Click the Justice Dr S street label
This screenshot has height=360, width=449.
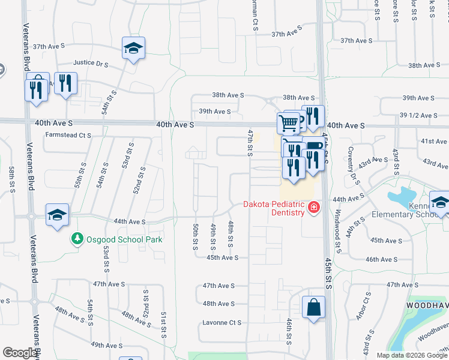pyautogui.click(x=91, y=63)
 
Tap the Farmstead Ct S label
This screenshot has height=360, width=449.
pyautogui.click(x=68, y=136)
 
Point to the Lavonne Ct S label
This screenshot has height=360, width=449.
pyautogui.click(x=221, y=322)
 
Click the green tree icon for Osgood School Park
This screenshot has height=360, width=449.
pyautogui.click(x=77, y=239)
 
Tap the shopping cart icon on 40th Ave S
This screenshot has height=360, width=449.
pyautogui.click(x=289, y=123)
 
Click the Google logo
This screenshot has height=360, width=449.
pyautogui.click(x=20, y=353)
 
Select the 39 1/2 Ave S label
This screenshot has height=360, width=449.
pyautogui.click(x=418, y=115)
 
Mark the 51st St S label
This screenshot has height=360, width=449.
pyautogui.click(x=163, y=325)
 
